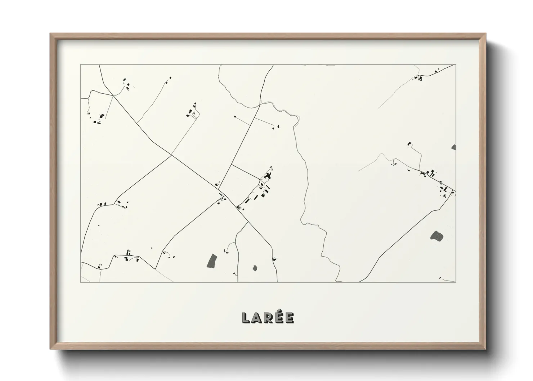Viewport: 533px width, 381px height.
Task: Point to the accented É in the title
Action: [279, 317]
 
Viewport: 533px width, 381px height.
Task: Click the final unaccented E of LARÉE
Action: [289, 318]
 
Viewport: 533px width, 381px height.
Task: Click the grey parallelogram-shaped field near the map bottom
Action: [212, 261]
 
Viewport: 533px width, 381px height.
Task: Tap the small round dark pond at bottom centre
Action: [255, 268]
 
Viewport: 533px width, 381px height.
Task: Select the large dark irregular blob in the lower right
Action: [436, 236]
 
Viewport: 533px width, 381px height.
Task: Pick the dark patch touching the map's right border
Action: [453, 147]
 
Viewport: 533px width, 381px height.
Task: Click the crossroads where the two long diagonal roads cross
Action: [171, 156]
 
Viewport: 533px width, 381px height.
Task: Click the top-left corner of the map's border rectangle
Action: [81, 65]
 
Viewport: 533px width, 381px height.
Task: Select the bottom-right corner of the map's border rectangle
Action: [456, 282]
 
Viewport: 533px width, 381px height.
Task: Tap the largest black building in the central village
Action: [267, 176]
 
